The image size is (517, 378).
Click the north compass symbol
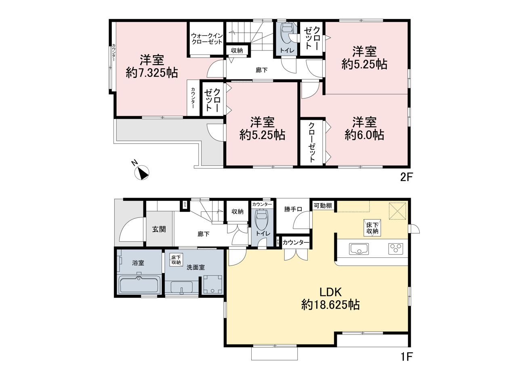click(x=142, y=172)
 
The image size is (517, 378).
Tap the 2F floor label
click(x=406, y=178)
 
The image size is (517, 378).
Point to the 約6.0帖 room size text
click(x=364, y=135)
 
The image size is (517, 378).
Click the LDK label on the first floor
click(x=330, y=292)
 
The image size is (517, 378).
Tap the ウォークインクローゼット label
click(x=207, y=39)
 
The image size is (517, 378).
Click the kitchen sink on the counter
click(x=359, y=249)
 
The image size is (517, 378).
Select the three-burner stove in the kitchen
click(x=395, y=249)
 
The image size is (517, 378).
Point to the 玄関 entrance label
click(x=159, y=229)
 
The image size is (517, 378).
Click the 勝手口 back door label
click(x=293, y=209)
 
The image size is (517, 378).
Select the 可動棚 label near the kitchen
click(x=323, y=206)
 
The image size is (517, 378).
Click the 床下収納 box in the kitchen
click(x=372, y=228)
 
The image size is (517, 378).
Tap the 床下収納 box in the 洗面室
click(x=176, y=260)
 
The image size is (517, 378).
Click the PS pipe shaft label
click(x=278, y=242)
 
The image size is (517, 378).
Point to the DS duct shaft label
click(x=185, y=205)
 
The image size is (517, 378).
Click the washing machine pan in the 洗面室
click(x=212, y=284)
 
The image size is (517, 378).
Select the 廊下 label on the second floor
click(x=262, y=70)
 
